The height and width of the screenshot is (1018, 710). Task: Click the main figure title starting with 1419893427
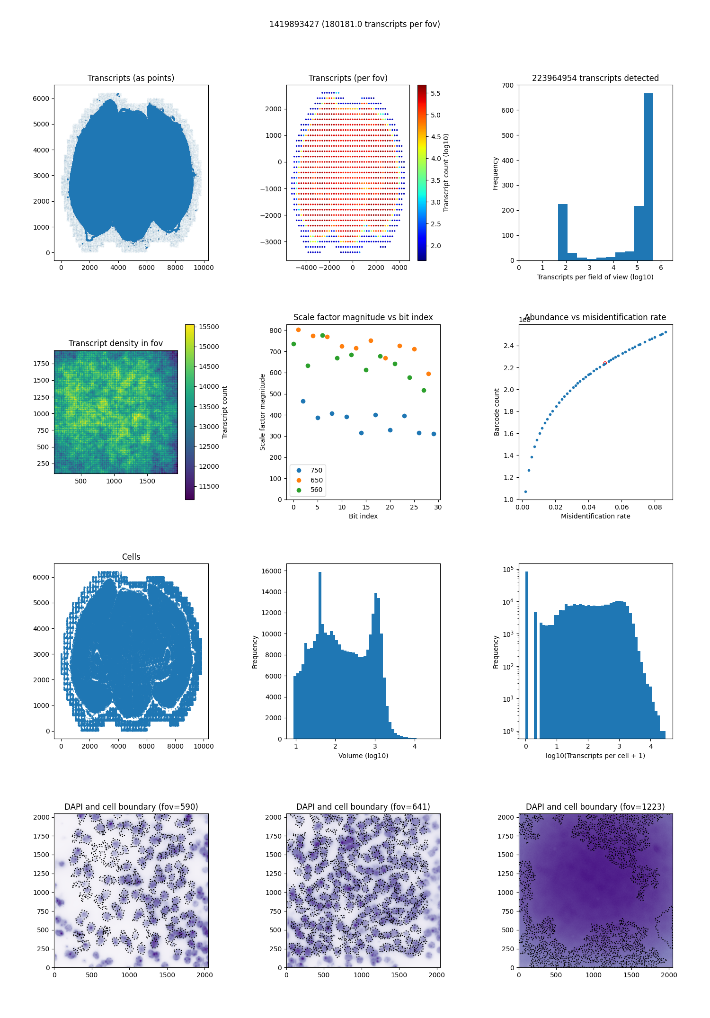pos(355,24)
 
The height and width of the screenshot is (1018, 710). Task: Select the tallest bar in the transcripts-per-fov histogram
pos(648,177)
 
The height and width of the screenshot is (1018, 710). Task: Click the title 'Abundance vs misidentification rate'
pos(595,317)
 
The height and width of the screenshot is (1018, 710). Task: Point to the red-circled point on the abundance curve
pos(604,363)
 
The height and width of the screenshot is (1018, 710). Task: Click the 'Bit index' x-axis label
pos(363,516)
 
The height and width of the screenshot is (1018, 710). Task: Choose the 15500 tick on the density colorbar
pos(209,327)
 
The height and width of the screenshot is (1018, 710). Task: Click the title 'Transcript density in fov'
pos(115,343)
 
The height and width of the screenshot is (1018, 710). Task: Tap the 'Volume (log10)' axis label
pos(363,756)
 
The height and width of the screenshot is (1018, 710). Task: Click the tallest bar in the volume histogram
pos(320,655)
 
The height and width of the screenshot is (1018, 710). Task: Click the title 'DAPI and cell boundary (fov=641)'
pos(363,807)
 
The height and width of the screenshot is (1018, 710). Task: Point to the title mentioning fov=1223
pos(595,807)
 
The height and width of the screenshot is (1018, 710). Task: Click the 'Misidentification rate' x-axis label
pos(595,516)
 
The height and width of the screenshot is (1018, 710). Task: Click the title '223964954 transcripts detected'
pos(595,78)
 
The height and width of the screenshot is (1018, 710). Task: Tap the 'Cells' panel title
pos(131,557)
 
